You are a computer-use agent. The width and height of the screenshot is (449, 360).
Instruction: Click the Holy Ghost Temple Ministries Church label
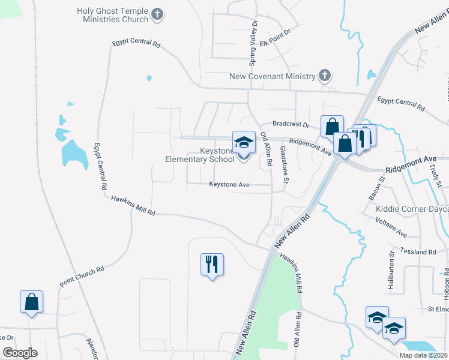112,16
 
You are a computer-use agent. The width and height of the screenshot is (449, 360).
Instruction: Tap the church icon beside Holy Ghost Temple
157,15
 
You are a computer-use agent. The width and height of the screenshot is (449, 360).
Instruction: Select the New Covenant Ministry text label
272,76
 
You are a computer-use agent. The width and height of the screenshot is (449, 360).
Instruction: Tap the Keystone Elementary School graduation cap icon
244,142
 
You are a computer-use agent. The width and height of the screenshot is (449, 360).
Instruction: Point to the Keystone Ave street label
229,185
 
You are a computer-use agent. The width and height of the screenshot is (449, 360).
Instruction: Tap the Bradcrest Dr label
290,125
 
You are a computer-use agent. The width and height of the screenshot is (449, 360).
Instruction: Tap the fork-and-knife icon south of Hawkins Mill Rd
212,264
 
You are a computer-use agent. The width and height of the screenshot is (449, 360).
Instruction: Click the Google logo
20,353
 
